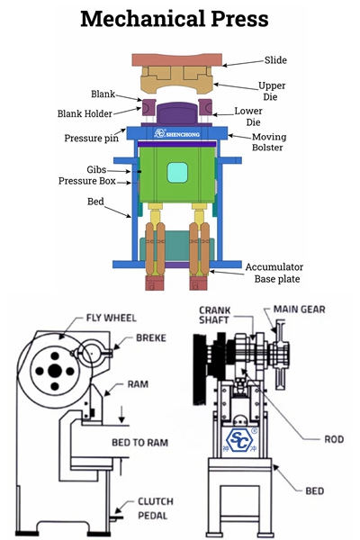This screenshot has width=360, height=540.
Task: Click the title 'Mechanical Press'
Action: click(175, 19)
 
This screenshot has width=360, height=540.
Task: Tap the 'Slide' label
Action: click(275, 60)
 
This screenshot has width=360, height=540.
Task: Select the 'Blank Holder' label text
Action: click(85, 113)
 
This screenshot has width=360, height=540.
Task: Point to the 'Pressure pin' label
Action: click(91, 138)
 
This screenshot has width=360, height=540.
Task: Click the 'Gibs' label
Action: click(96, 169)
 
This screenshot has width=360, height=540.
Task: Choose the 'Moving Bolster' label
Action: click(269, 142)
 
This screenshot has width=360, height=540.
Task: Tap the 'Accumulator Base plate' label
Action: click(274, 273)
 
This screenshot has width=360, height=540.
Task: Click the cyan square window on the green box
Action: click(177, 173)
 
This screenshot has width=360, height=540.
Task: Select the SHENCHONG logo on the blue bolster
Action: click(177, 133)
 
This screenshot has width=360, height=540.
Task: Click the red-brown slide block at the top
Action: click(177, 59)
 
